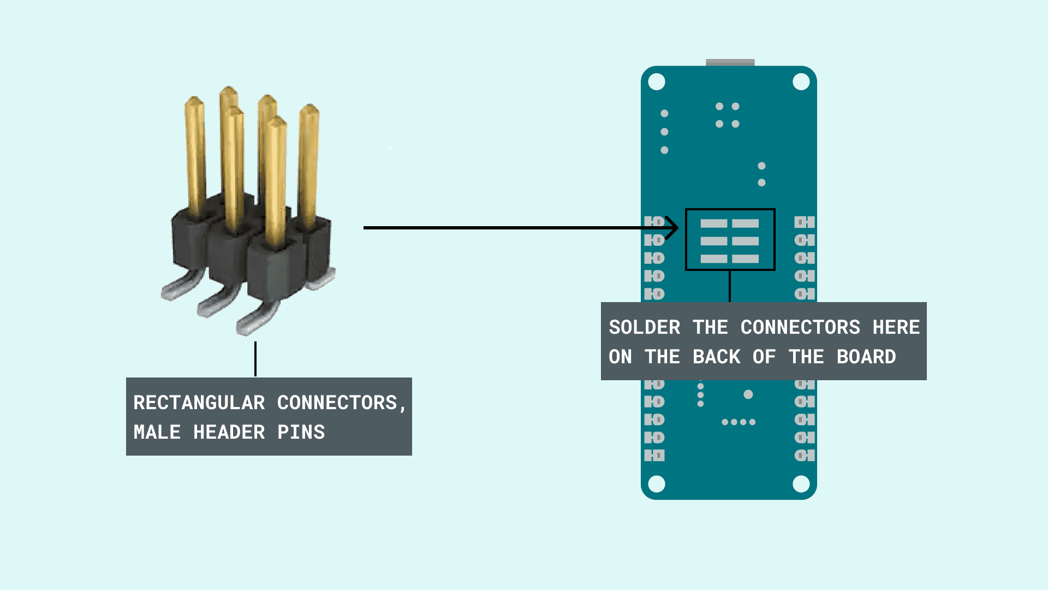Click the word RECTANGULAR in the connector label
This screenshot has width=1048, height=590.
[199, 403]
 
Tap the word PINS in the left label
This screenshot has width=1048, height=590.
[301, 433]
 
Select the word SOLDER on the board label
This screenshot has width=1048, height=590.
[644, 328]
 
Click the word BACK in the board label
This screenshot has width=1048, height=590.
[716, 357]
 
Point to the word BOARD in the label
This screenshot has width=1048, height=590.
[866, 357]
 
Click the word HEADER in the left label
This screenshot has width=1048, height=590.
[229, 433]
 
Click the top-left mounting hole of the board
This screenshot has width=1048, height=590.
[657, 82]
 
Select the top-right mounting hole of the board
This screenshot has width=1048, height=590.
[801, 82]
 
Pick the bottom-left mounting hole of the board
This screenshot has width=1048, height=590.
[657, 484]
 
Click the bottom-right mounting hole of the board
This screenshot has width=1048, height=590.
[801, 484]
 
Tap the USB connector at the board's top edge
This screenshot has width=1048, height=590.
[730, 62]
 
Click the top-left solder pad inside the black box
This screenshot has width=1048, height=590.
[713, 223]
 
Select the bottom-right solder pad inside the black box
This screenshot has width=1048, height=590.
[745, 258]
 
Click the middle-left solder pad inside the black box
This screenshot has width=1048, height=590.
[713, 241]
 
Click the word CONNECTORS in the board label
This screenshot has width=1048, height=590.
[800, 328]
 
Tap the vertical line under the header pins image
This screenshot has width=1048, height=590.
[255, 359]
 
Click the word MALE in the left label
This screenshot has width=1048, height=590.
[157, 433]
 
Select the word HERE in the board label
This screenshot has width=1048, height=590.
[896, 328]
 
